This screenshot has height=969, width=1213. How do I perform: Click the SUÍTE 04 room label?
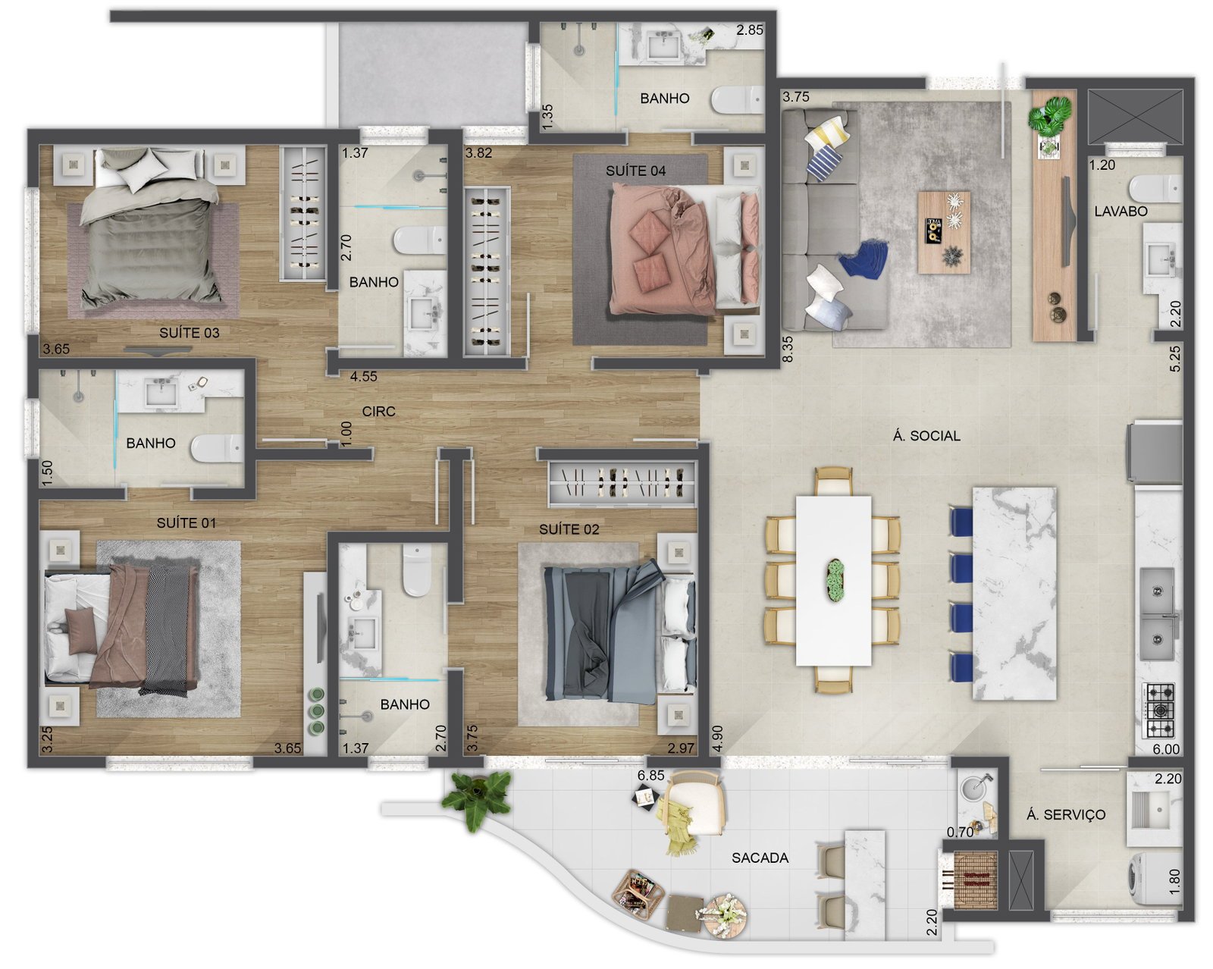coord(635,171)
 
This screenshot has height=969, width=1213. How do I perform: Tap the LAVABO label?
coord(1121,212)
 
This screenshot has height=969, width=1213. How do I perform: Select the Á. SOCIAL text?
coord(926,436)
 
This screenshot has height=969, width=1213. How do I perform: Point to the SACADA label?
coord(760,858)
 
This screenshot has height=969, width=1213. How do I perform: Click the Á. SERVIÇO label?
coord(1065,814)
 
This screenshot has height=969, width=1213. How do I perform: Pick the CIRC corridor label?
coord(378,412)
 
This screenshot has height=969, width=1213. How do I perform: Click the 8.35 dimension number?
coord(788,350)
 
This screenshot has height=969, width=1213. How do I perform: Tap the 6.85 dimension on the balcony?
coord(651,776)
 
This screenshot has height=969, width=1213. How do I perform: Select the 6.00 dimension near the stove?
coord(1165,749)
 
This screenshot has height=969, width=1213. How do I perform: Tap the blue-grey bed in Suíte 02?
coord(619,632)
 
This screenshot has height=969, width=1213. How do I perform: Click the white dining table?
coord(833,581)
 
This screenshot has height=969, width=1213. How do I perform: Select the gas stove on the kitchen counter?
coord(1159,710)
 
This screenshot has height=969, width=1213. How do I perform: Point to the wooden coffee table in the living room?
coord(944,233)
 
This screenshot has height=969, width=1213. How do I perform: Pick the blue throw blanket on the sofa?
coord(864,259)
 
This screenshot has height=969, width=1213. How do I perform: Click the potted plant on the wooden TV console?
coord(1050,116)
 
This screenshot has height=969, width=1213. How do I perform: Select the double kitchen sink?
coord(1158,614)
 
